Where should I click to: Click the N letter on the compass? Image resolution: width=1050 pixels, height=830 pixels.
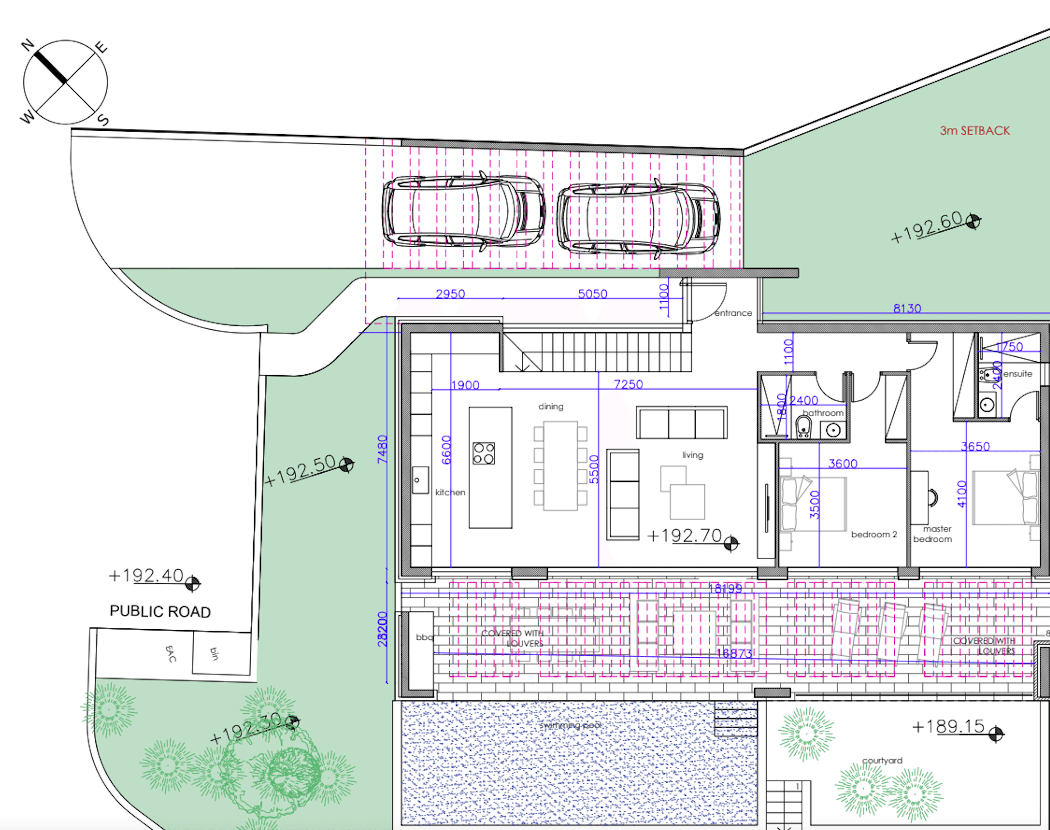(28, 45)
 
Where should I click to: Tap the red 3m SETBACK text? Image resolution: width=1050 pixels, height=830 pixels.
(975, 131)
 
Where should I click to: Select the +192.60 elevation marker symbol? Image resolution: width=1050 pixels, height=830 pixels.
(973, 222)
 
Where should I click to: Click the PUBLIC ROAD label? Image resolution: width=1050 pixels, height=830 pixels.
(160, 611)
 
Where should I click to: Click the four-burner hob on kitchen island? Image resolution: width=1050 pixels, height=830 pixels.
(484, 453)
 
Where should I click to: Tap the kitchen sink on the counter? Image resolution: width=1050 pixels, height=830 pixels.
(420, 480)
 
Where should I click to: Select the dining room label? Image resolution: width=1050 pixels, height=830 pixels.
(551, 406)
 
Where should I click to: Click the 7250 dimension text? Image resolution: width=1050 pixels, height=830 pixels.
(628, 384)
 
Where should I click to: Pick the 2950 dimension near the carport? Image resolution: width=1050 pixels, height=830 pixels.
(450, 293)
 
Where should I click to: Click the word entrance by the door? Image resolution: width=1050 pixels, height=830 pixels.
(733, 313)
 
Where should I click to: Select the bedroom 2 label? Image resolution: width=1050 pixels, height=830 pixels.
(874, 534)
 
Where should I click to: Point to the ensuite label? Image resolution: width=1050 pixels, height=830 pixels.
(1018, 374)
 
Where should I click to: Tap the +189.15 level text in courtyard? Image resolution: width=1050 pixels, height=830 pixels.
(948, 726)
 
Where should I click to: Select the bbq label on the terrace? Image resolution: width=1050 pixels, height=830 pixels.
(424, 637)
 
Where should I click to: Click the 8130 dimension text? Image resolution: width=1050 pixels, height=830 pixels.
(907, 308)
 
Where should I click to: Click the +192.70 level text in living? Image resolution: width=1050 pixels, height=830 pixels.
(684, 536)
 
